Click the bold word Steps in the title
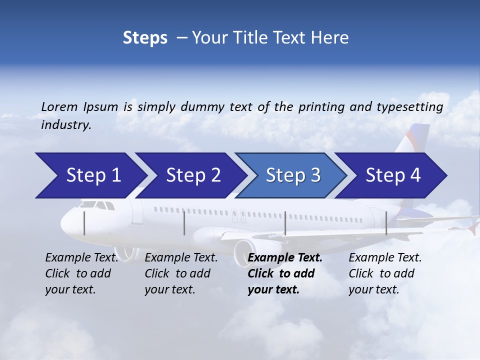[x=145, y=38]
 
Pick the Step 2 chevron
[x=193, y=175]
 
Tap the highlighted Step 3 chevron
[x=293, y=175]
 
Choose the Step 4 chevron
[x=393, y=175]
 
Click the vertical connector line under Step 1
[x=84, y=223]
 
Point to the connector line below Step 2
[x=184, y=223]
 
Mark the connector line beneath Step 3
[x=285, y=223]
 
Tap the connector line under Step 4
[x=386, y=223]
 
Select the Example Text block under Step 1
[x=81, y=273]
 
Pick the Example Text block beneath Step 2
[x=181, y=273]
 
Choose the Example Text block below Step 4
[x=385, y=273]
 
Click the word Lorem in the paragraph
[x=58, y=107]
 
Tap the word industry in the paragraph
[x=65, y=125]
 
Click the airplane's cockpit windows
[x=96, y=205]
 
